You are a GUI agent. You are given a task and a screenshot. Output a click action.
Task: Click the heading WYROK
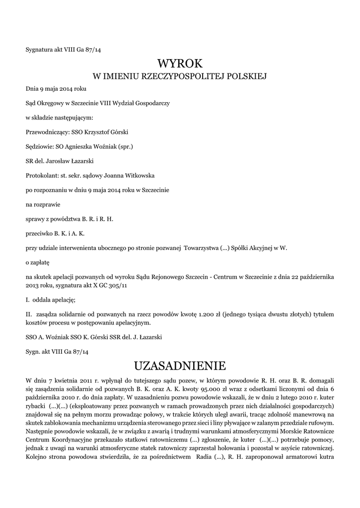180,63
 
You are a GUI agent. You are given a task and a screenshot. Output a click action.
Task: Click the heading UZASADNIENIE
180,366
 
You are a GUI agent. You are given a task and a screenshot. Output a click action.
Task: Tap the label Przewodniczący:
44,132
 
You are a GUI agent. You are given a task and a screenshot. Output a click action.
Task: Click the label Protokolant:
42,175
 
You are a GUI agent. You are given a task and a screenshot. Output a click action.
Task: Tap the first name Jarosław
62,161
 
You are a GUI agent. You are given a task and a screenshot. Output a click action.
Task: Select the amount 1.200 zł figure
208,314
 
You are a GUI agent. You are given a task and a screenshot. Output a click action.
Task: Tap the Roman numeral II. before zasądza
28,314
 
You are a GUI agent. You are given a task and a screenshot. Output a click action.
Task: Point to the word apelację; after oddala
62,300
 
